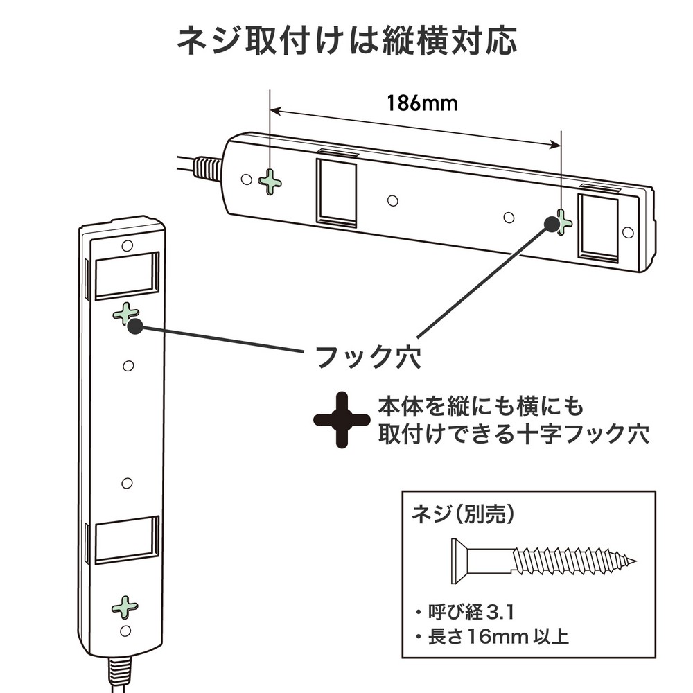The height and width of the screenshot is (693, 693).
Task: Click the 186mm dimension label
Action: [x=421, y=103]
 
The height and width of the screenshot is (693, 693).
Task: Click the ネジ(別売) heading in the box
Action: [x=464, y=514]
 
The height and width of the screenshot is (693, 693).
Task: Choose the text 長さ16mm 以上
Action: [x=491, y=636]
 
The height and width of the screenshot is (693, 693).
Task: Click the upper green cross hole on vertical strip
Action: [x=125, y=314]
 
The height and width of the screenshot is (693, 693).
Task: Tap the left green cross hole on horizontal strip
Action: [x=270, y=183]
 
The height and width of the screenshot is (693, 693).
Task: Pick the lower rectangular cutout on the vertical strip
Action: [x=125, y=542]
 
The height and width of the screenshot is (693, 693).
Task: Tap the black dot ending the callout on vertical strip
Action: [x=136, y=327]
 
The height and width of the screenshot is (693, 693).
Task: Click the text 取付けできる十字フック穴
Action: [x=514, y=435]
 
